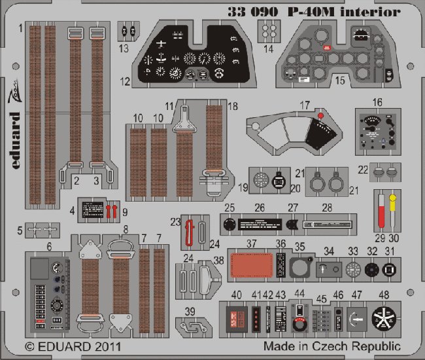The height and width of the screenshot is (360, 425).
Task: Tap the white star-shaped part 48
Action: [x=382, y=319]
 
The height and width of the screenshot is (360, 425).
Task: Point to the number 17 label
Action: [x=304, y=105]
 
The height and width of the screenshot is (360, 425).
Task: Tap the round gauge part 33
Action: [x=354, y=270]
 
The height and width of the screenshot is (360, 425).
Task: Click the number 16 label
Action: [x=377, y=101]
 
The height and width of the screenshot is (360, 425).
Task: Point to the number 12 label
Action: [x=124, y=82]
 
